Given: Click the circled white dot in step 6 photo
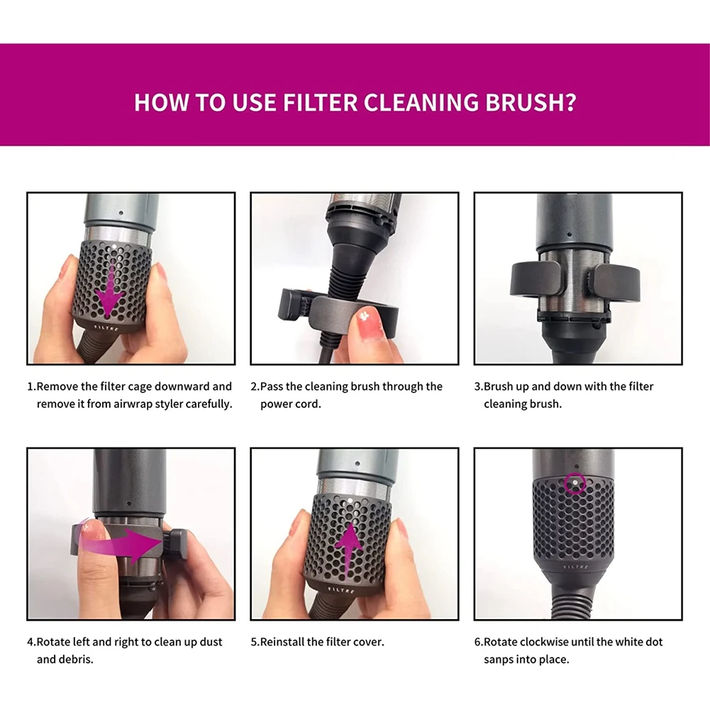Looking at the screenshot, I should click(x=574, y=484).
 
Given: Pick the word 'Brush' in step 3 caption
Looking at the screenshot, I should click(x=500, y=387).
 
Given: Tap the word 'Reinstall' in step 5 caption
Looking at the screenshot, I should click(x=282, y=642).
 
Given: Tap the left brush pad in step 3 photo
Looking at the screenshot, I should click(x=532, y=277).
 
